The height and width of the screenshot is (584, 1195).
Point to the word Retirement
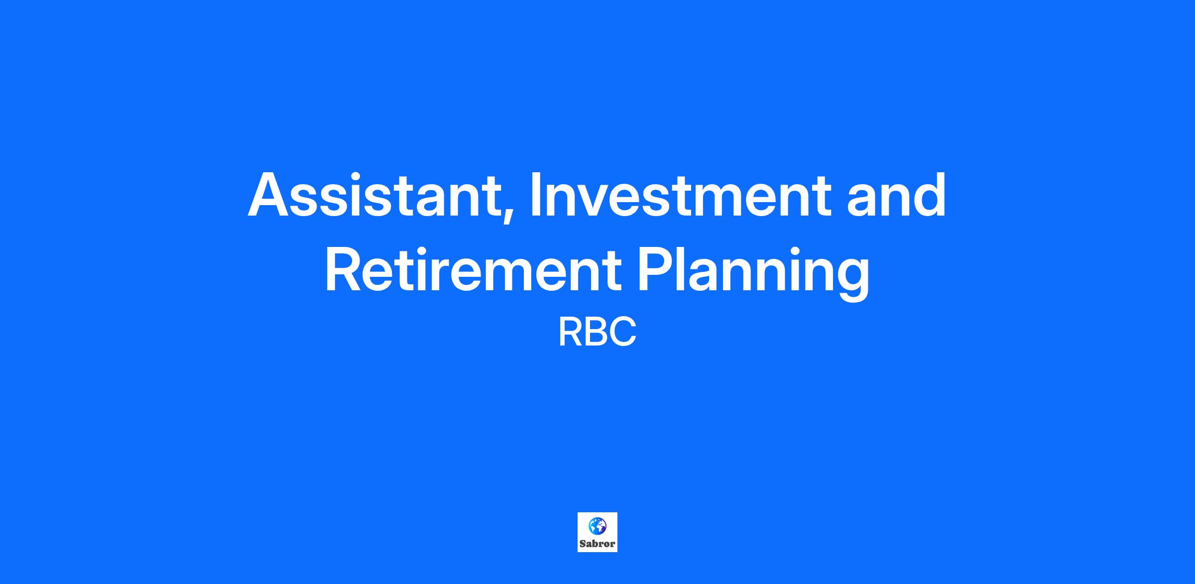click(474, 269)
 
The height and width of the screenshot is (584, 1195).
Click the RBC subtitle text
click(597, 333)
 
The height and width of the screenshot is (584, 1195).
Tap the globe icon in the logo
click(597, 525)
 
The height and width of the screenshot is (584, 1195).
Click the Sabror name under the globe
click(597, 544)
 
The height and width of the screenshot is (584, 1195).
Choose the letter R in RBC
click(570, 333)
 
